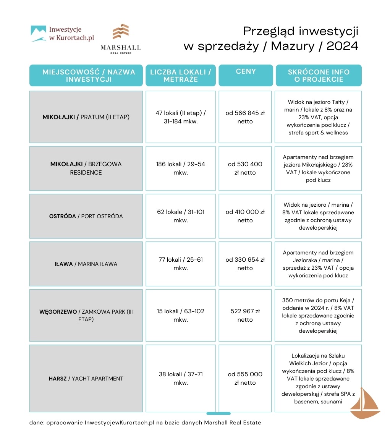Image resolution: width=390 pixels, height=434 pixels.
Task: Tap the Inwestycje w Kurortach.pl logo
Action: click(x=62, y=34)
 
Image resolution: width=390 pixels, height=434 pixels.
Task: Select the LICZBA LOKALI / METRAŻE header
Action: click(x=180, y=75)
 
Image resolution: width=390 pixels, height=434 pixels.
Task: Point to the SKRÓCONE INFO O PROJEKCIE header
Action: click(x=318, y=75)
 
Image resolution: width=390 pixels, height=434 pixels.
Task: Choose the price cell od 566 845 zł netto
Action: click(x=245, y=117)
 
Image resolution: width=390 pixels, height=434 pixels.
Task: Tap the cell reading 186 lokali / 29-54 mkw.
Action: click(x=181, y=168)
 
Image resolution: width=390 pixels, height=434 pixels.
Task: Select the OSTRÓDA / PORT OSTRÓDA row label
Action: click(x=86, y=216)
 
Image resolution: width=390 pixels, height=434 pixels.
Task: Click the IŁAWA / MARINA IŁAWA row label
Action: click(x=86, y=264)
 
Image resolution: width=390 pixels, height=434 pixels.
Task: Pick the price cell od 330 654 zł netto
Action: click(x=245, y=264)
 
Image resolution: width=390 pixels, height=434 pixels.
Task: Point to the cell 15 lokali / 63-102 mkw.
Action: click(x=181, y=315)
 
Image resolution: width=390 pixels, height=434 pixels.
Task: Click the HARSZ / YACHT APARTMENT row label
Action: click(x=86, y=379)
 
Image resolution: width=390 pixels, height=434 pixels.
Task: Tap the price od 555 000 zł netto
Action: click(x=245, y=378)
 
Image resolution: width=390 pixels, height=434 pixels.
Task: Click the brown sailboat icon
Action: click(x=364, y=404)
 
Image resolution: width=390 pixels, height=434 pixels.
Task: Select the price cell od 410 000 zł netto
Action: click(x=245, y=216)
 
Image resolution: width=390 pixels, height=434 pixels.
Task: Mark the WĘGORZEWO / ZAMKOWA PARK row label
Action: click(x=86, y=315)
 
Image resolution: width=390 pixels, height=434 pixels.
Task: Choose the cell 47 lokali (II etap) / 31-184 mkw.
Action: click(x=181, y=117)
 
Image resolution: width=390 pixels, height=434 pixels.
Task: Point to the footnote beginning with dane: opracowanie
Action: click(x=145, y=423)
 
